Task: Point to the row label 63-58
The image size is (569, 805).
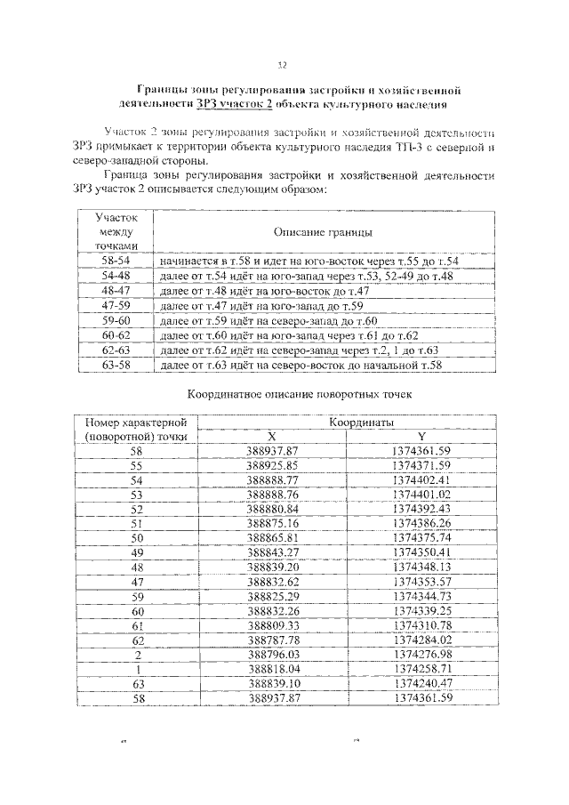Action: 116,365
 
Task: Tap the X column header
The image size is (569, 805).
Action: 272,437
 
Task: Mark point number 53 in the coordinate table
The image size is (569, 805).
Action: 136,495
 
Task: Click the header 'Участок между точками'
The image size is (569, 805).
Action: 116,230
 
